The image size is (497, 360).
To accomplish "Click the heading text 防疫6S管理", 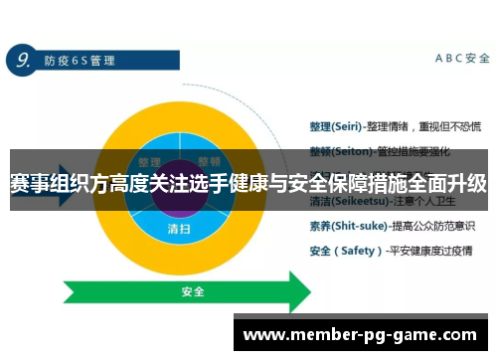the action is (76, 61).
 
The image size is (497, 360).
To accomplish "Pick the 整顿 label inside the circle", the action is (209, 161).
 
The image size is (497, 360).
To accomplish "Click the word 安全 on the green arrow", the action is (193, 292).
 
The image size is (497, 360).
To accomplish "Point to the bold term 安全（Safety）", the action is (341, 251).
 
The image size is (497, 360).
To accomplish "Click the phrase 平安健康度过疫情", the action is (431, 251).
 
